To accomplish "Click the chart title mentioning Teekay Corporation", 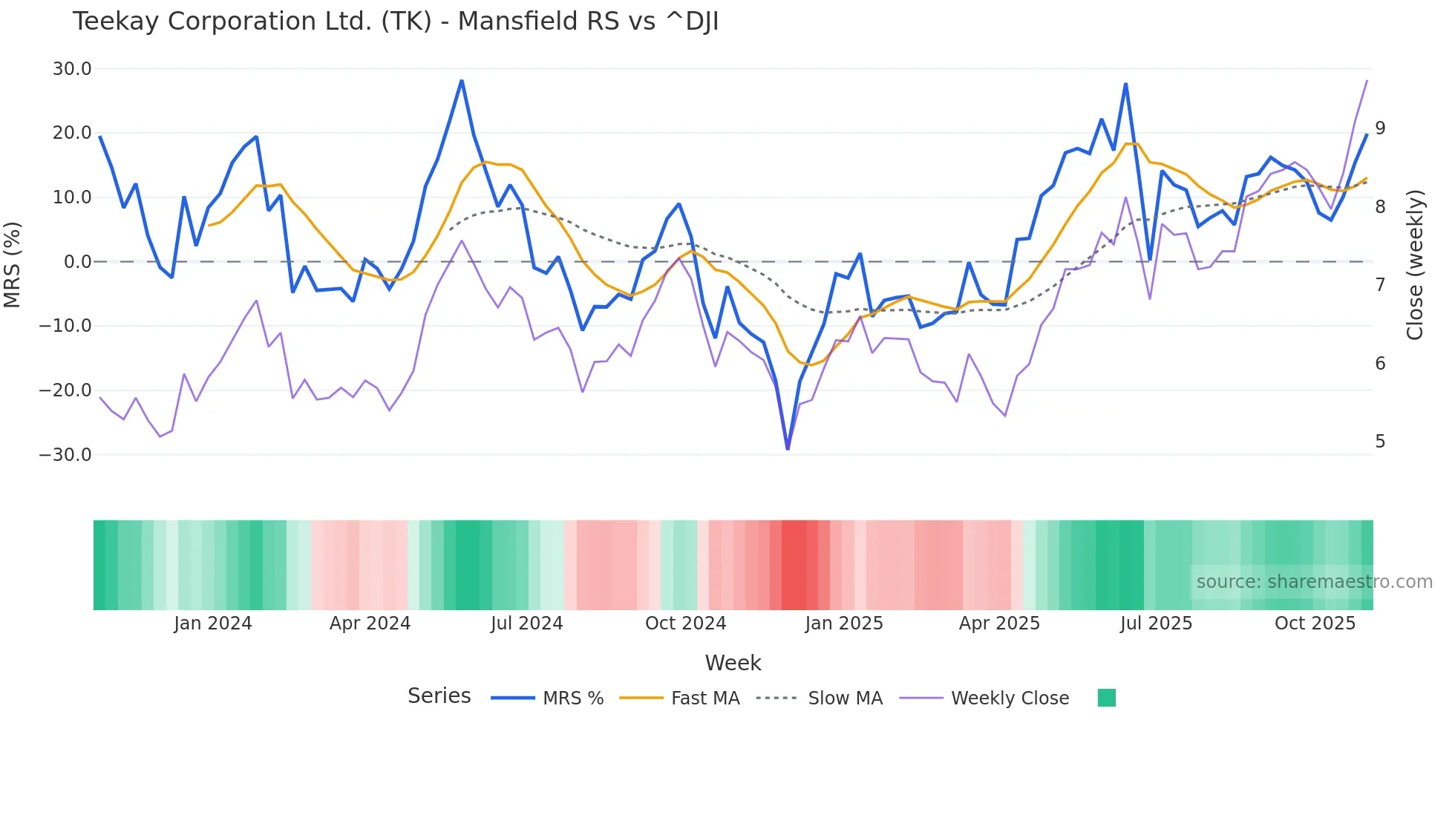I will [x=395, y=22].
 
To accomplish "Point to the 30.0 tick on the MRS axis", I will [x=72, y=69].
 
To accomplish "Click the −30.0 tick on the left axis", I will [x=66, y=454].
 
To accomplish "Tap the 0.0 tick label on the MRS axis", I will [x=77, y=262].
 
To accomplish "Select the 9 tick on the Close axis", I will [x=1380, y=128].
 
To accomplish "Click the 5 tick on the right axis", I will [x=1380, y=442].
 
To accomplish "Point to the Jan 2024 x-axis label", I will [x=213, y=624].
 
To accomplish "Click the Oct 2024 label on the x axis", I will [x=685, y=624].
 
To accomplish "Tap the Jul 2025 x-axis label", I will [x=1156, y=624].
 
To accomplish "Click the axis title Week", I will [x=733, y=663].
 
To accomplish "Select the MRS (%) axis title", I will [x=13, y=264].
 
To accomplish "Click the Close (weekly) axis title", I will [x=1415, y=264].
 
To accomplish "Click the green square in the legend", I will [x=1106, y=698].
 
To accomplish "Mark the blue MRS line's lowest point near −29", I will [x=788, y=448].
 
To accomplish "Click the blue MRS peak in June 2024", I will [x=461, y=81].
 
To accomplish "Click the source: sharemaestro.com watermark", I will [x=1314, y=582].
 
